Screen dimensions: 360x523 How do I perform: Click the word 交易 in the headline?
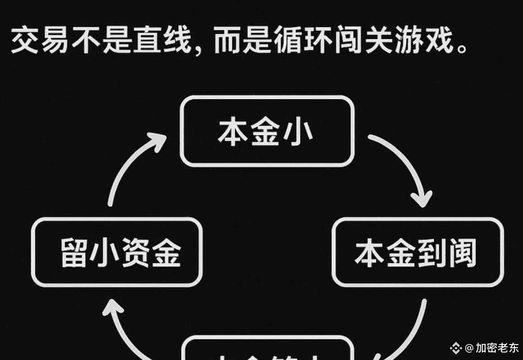pos(41,41)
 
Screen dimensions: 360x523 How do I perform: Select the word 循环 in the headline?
pos(303,41)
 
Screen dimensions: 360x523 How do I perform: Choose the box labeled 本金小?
pos(267,131)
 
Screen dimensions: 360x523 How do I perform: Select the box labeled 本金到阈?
pos(418,252)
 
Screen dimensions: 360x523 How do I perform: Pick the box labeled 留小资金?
pos(117,252)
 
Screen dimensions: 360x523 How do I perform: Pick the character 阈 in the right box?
pos(462,253)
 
